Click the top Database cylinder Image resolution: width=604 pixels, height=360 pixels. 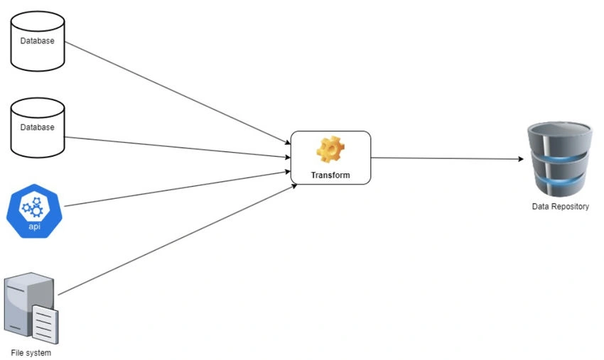[x=38, y=41]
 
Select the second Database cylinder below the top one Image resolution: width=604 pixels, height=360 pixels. [x=38, y=128]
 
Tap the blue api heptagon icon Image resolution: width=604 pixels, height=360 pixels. [x=34, y=211]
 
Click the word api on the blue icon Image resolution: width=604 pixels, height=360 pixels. [x=34, y=226]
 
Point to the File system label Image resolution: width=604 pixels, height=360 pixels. [x=31, y=353]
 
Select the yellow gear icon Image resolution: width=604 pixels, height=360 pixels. [x=330, y=149]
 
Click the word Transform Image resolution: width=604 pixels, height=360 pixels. [x=330, y=175]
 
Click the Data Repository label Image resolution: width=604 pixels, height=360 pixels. [x=561, y=207]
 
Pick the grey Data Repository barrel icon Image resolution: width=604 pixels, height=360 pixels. [x=559, y=158]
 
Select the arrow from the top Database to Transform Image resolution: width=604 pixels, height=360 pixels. [x=178, y=93]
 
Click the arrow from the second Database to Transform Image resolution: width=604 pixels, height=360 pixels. [x=177, y=147]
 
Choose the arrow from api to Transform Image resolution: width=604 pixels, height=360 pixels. [x=177, y=189]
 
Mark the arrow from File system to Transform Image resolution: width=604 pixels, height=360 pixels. [x=177, y=240]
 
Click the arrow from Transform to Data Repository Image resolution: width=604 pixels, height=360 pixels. [x=447, y=158]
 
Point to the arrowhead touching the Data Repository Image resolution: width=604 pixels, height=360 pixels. [x=521, y=158]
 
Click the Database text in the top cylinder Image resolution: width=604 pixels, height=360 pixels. [x=38, y=40]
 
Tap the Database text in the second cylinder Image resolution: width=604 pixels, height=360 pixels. [x=38, y=127]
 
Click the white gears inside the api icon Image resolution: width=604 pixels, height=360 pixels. [x=33, y=207]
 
